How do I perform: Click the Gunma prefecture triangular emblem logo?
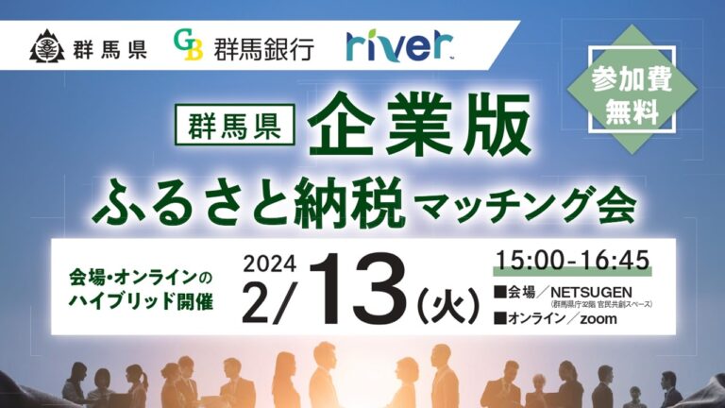coord(47,45)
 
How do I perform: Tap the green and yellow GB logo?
coord(188,45)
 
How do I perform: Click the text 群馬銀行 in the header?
coord(264,48)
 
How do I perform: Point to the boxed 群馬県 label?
coord(234,125)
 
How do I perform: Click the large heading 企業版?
coord(420,124)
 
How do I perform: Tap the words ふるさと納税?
coord(249,204)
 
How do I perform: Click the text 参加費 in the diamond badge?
coord(632,80)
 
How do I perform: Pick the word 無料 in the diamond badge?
coord(632,111)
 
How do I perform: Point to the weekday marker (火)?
coord(447,305)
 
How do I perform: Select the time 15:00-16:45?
coord(573,261)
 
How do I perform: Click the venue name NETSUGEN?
coord(591,292)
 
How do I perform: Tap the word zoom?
coord(599,318)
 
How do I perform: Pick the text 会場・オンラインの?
coord(141,278)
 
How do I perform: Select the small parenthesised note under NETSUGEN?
coord(601,304)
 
